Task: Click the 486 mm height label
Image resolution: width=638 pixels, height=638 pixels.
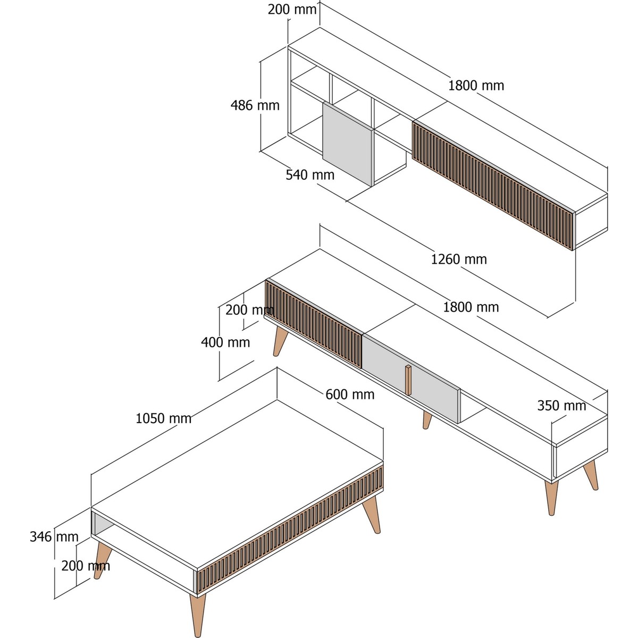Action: (x=255, y=105)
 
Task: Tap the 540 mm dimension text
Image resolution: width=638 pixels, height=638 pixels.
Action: (x=310, y=175)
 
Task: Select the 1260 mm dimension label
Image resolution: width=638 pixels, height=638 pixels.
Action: (x=458, y=259)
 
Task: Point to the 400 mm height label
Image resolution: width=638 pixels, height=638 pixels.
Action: (x=225, y=342)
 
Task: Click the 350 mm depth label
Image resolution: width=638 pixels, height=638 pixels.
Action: (x=561, y=406)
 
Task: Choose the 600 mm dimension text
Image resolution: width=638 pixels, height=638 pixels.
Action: (x=350, y=394)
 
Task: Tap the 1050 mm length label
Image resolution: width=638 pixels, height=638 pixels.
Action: (x=164, y=418)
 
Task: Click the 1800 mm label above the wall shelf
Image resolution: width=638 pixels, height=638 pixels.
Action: (x=476, y=86)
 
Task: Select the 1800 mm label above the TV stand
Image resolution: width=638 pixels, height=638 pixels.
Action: (x=471, y=307)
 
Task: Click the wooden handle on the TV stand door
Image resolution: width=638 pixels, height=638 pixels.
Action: (x=408, y=380)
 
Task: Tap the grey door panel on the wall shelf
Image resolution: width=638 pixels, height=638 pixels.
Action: (x=348, y=144)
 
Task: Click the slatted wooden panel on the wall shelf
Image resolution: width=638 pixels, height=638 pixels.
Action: (x=493, y=186)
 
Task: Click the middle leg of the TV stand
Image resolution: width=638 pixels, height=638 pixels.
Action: (x=427, y=420)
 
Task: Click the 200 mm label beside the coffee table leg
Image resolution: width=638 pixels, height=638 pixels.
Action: (x=86, y=566)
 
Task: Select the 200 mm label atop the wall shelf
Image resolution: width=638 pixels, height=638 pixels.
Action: (x=292, y=10)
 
